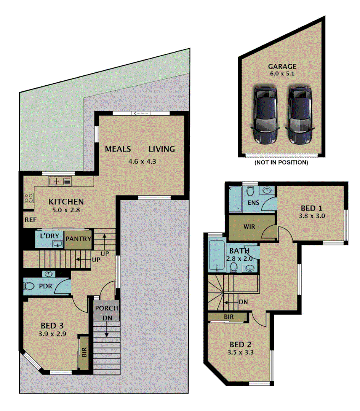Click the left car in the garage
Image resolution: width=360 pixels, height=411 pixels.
coord(265,115)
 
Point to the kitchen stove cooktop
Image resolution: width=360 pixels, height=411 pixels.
coord(29,198)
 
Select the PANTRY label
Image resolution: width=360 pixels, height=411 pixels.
coord(78,239)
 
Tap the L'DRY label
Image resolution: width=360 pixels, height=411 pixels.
coord(50,236)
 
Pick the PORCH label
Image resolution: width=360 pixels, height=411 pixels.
coord(107,308)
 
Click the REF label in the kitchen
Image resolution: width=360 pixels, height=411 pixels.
coord(30,220)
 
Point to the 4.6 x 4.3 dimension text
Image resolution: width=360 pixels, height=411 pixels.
coord(142,161)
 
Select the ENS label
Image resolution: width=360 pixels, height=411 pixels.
coord(253,202)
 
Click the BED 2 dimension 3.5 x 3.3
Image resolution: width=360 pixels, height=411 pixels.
coord(241,352)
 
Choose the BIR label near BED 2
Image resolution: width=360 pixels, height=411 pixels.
coord(229,317)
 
